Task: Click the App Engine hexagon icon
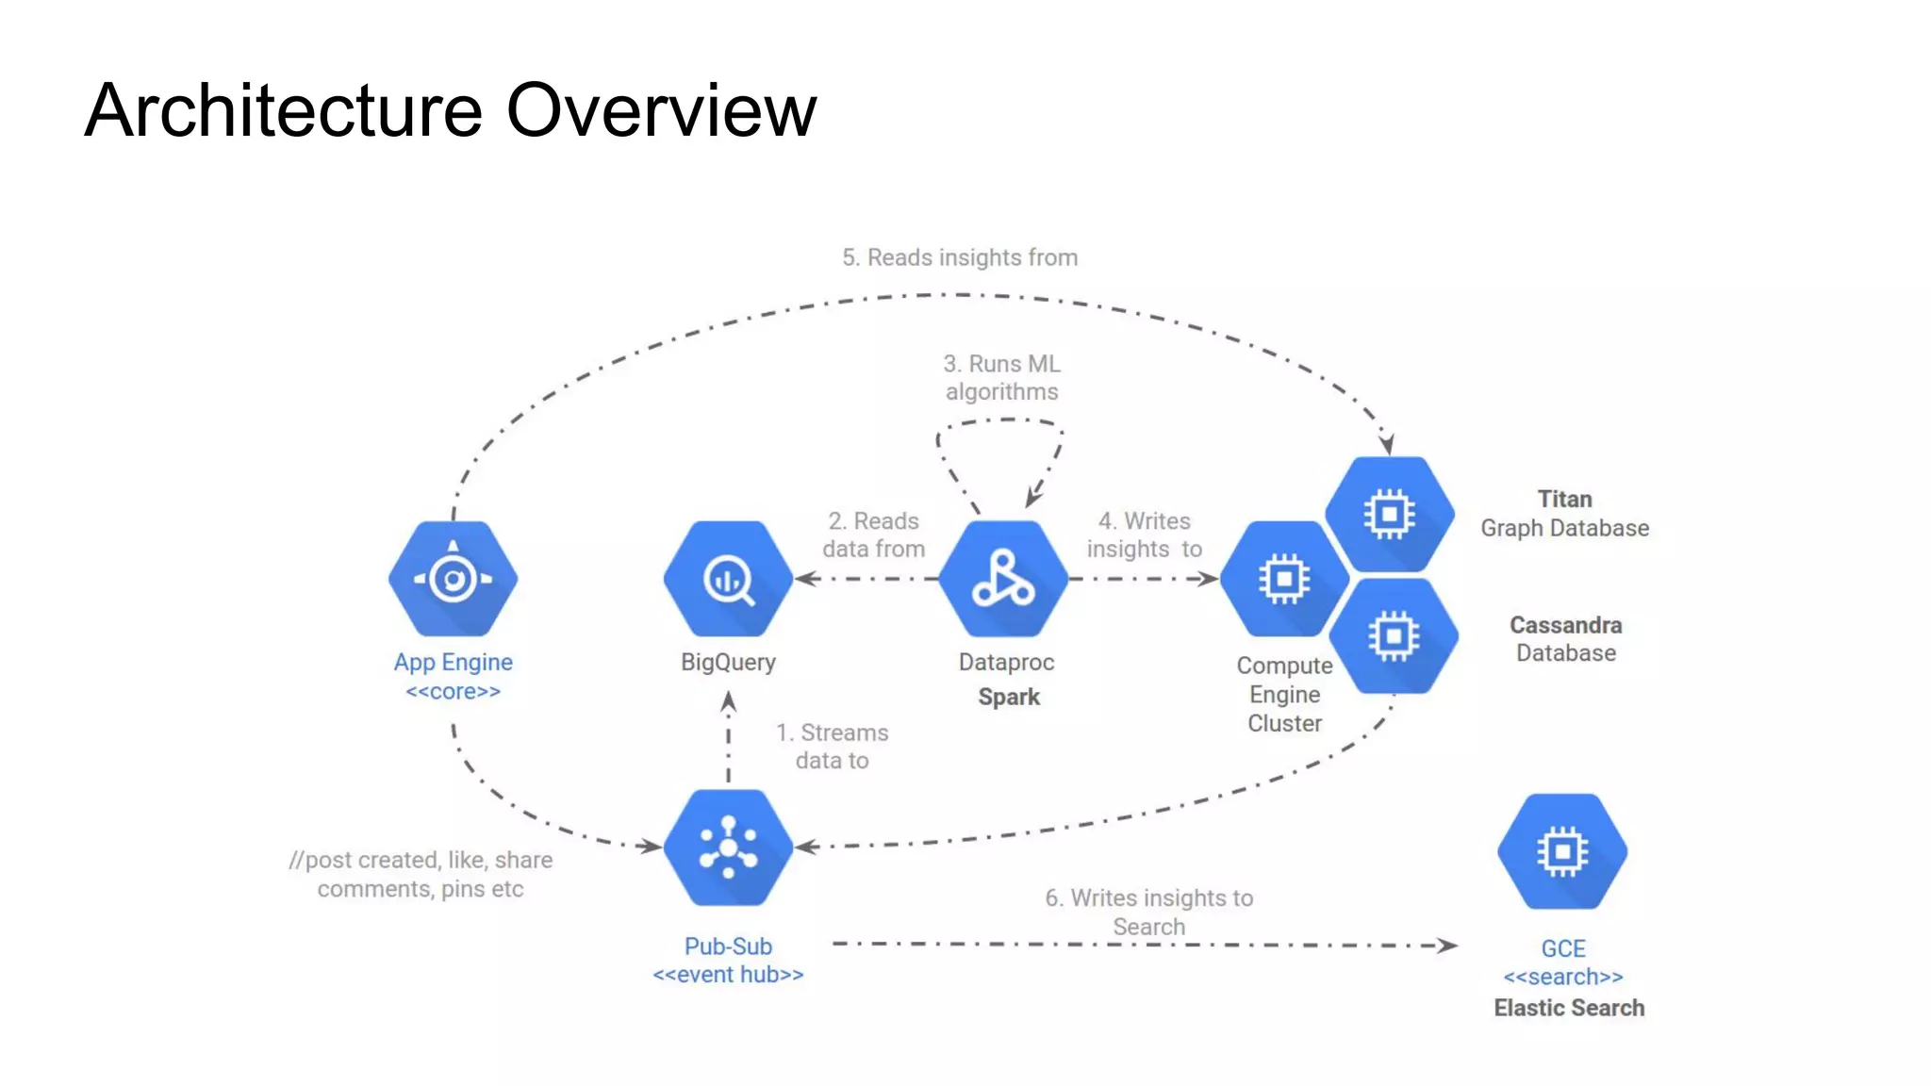tap(453, 578)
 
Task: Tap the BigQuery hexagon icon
tap(728, 578)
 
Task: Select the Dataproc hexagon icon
tap(1003, 578)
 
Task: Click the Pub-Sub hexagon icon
tap(728, 847)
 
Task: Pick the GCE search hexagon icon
tap(1562, 850)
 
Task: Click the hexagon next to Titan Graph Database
tap(1390, 514)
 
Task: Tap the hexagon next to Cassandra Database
tap(1395, 636)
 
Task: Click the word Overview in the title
tap(661, 110)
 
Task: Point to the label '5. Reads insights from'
tap(959, 257)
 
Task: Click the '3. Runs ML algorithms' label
tap(1001, 377)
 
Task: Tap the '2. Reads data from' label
tap(873, 535)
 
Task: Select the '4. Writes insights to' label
tap(1144, 535)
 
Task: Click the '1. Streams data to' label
tap(832, 746)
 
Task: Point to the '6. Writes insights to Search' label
tap(1148, 912)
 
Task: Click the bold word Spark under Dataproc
tap(1008, 697)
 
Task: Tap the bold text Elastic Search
tap(1568, 1008)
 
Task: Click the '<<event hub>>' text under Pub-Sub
tap(728, 974)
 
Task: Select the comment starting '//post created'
tap(421, 874)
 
